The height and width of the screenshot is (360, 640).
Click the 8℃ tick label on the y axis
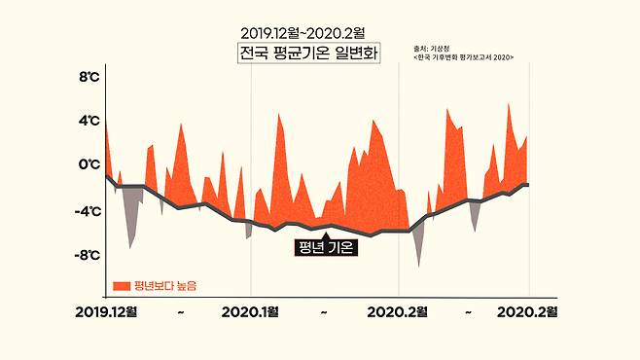(89, 76)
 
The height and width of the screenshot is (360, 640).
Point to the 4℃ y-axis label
(89, 121)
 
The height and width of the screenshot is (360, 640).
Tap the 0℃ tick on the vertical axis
(89, 165)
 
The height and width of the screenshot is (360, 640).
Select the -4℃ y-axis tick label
(87, 210)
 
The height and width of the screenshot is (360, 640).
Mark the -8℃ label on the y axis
(87, 255)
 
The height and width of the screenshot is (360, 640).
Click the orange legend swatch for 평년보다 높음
(122, 285)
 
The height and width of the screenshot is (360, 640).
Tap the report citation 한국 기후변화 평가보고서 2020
(463, 57)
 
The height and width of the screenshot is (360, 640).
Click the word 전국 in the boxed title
(255, 54)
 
